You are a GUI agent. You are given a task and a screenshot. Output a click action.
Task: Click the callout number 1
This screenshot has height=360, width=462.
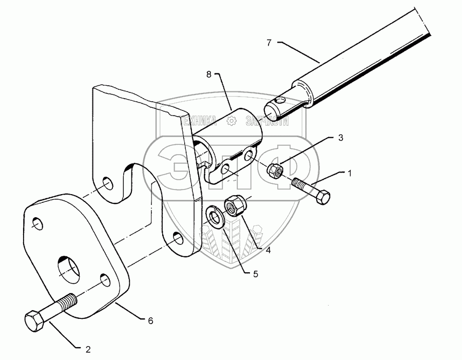pos(350,174)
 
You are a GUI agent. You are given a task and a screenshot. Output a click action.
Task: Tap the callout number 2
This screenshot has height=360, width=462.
pos(88,350)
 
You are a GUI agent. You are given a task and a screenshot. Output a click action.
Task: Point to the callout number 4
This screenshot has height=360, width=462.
pos(267,251)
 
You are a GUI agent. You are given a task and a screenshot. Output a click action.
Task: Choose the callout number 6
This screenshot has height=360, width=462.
pos(150,320)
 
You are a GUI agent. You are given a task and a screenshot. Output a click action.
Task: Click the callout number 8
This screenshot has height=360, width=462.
pos(209,74)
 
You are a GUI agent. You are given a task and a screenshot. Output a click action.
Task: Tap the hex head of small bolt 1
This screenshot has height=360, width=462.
pos(322,198)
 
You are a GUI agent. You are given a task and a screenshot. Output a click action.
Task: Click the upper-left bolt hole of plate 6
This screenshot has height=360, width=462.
pos(37,223)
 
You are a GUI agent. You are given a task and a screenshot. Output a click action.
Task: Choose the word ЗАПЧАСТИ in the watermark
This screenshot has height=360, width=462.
pos(267,121)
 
